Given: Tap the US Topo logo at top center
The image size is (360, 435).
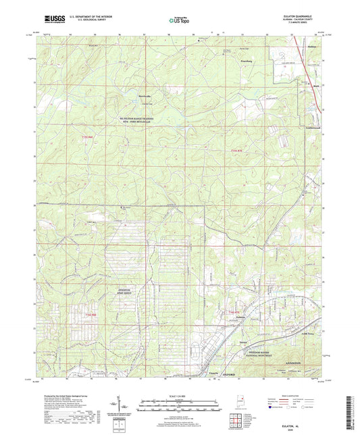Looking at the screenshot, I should coord(178,21).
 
